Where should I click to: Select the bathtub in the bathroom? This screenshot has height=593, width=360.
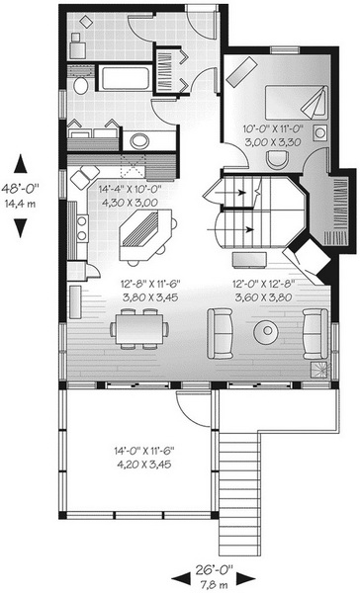point(125,78)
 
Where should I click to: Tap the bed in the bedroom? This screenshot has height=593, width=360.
point(297,102)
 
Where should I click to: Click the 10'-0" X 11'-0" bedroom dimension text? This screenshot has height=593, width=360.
point(274,128)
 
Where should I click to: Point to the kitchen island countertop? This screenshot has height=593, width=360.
point(145,235)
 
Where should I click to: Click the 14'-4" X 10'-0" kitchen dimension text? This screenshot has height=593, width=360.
point(130,189)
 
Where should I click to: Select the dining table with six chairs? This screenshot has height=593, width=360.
point(139,329)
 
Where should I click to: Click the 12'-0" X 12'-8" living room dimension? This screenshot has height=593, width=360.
point(263,284)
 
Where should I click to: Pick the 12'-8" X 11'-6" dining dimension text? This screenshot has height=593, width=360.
point(150,284)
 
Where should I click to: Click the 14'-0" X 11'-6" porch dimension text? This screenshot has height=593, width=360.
point(143,451)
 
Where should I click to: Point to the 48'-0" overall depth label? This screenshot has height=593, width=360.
point(20,188)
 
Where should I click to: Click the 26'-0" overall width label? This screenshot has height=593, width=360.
point(214,569)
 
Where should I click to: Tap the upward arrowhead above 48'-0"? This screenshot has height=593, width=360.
point(21,164)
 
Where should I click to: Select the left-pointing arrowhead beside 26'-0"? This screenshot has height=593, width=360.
point(181,579)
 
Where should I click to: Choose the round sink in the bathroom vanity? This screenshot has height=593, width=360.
point(138,141)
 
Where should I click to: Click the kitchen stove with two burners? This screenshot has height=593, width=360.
point(82,228)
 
